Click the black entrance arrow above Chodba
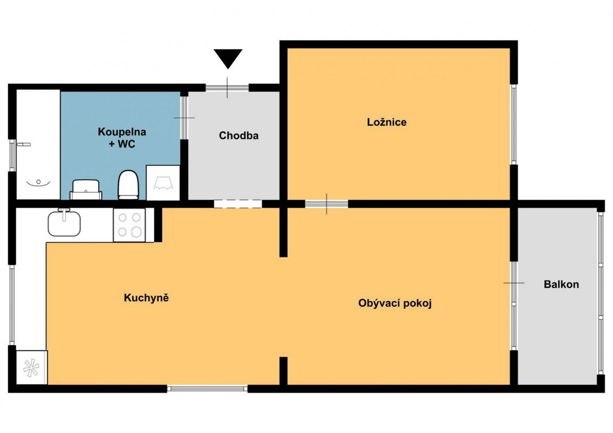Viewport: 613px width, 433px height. [228, 59]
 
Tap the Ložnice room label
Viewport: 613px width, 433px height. [386, 122]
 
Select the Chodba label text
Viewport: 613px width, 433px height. [239, 136]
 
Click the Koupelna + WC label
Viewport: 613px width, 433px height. [122, 138]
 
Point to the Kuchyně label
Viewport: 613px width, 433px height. [146, 298]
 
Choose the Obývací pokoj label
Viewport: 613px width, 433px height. [394, 303]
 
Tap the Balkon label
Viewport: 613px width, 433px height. [561, 285]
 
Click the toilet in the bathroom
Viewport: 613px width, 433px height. [128, 185]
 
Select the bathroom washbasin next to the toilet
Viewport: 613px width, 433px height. [86, 190]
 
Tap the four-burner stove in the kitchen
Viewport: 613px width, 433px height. [129, 225]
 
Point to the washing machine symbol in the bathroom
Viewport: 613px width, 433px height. [163, 183]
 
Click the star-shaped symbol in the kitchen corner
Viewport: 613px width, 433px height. [32, 367]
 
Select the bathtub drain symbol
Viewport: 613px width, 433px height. [39, 182]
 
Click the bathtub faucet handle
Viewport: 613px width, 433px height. [24, 144]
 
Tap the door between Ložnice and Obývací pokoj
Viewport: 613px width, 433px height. [326, 204]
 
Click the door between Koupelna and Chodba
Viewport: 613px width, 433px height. [184, 118]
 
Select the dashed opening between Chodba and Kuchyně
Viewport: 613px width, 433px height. [238, 204]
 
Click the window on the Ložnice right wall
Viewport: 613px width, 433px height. [514, 124]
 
